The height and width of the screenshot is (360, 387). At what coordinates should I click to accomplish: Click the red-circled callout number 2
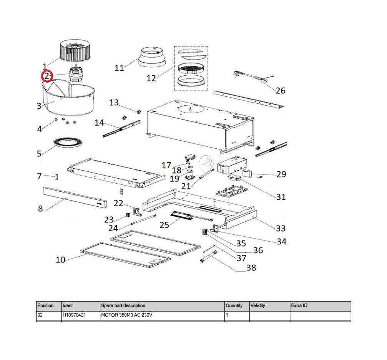(47, 76)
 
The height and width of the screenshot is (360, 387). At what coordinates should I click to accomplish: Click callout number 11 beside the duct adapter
(119, 68)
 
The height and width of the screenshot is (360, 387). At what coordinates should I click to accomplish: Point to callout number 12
(151, 78)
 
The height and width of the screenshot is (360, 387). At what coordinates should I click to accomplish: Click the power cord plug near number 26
(237, 74)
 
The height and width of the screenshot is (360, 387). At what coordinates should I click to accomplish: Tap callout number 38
(251, 267)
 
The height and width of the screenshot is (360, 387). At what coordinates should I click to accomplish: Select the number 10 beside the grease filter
(60, 260)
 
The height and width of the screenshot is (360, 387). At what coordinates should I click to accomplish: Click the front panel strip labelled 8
(75, 197)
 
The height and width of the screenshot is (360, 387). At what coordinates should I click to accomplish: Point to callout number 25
(164, 225)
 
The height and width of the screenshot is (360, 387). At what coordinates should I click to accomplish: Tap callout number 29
(281, 174)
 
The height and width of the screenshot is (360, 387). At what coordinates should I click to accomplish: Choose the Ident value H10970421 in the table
(74, 315)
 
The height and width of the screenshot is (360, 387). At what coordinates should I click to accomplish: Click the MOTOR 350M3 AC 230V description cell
(126, 315)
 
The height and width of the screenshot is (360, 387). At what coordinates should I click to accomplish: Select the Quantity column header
(234, 305)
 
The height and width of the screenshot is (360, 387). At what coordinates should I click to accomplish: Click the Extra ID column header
(299, 305)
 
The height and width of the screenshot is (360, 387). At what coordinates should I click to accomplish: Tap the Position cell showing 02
(40, 315)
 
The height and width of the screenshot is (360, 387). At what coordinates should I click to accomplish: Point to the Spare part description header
(123, 305)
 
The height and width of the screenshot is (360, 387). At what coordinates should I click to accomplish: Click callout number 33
(281, 228)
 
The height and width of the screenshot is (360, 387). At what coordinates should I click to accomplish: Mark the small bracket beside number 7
(56, 177)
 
